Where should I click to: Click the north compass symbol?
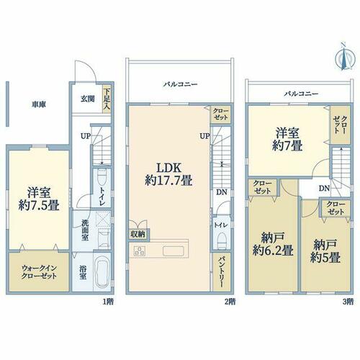point(345,58)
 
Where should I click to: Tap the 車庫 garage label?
point(39,104)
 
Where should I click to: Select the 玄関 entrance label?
point(87,99)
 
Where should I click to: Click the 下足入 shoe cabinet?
point(107,99)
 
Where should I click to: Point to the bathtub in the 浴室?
point(102,272)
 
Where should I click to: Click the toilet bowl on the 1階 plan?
point(102,176)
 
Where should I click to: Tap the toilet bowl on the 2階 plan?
point(222,241)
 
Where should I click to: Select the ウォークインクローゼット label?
point(39,272)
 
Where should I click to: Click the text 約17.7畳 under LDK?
point(168,180)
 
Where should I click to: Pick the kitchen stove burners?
point(139,251)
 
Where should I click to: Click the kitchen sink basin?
point(174,251)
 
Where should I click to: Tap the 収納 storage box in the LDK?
point(138,234)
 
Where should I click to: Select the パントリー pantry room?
point(222,271)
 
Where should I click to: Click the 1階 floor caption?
point(108,302)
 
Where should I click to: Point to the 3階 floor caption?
point(348,302)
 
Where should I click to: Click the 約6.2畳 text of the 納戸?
point(273,251)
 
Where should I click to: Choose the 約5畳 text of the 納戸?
point(325,258)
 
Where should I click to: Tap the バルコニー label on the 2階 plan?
point(181,84)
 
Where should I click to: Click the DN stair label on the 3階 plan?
point(324,189)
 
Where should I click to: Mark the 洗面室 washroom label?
point(85,230)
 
